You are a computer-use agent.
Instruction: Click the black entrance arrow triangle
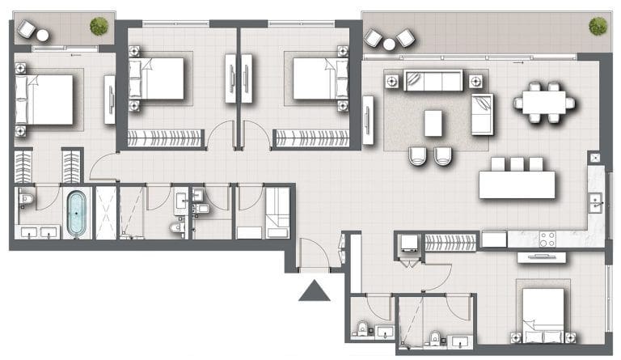314,290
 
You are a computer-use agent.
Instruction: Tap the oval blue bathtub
76,213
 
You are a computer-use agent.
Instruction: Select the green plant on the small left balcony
99,26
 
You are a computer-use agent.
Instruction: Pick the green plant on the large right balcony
598,26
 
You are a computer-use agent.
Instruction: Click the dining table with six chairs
544,102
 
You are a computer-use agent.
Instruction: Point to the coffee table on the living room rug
433,123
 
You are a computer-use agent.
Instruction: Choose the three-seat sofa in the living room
433,81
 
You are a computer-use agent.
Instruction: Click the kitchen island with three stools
517,184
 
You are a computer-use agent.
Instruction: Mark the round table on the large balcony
389,44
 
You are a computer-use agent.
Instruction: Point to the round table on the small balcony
42,35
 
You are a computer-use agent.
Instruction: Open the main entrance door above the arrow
314,256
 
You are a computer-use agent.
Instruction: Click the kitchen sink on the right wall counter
596,201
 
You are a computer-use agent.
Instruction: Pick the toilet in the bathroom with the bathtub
25,199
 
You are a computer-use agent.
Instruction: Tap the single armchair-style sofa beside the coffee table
482,114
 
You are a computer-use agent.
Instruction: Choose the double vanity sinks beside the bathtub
38,234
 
